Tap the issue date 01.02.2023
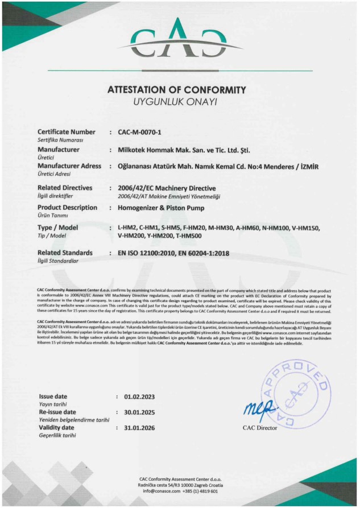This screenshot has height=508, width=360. [139, 396]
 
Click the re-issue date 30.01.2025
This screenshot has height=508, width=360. [139, 412]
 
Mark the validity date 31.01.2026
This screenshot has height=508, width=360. [139, 428]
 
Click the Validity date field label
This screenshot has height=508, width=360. [56, 427]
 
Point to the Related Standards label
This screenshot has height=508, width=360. [65, 252]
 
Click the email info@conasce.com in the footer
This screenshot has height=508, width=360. [160, 490]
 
